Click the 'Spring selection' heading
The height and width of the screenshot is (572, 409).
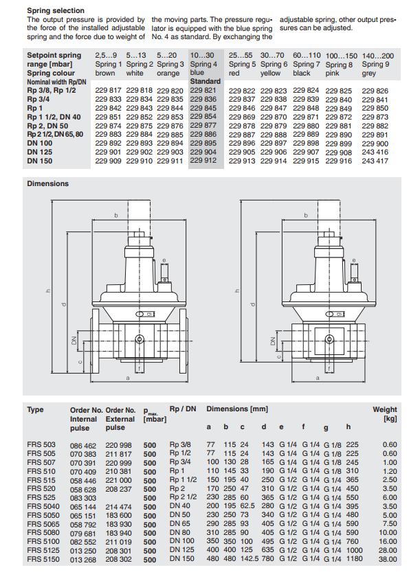(x=56, y=10)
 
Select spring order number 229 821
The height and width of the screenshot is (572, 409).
(x=203, y=90)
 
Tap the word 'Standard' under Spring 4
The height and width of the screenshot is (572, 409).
(x=206, y=81)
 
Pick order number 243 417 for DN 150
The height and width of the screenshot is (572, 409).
(x=375, y=161)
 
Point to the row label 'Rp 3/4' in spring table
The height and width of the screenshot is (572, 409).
(x=38, y=99)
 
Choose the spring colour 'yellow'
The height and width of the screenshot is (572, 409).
(x=270, y=73)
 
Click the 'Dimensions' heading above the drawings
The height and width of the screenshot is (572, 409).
(x=48, y=183)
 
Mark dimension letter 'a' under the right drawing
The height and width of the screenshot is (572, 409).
(x=318, y=378)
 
